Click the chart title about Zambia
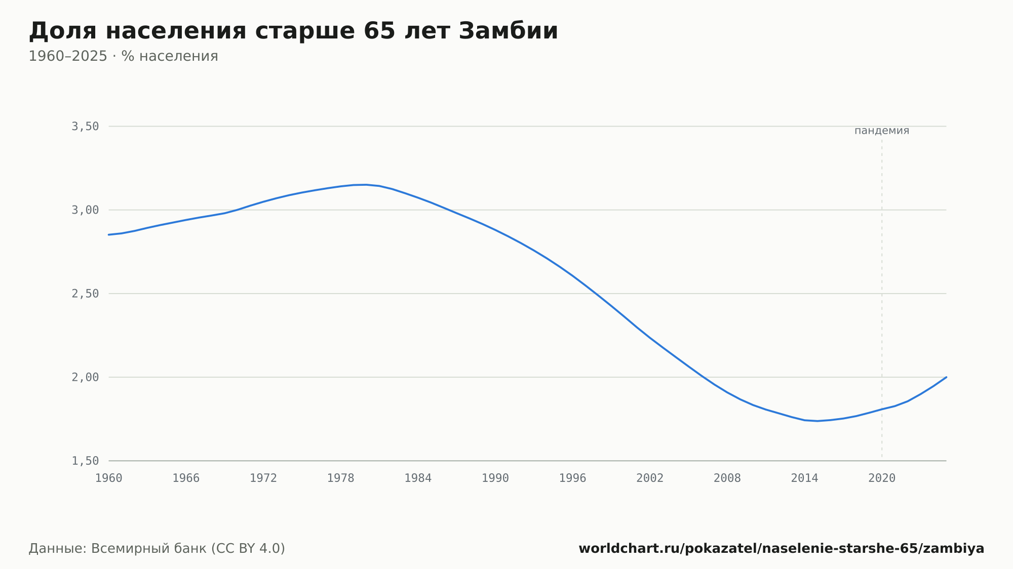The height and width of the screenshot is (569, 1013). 293,31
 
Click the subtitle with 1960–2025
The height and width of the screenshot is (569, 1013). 123,56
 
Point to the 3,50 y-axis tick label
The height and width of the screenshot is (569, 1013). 85,127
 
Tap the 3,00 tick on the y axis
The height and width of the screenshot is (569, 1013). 85,210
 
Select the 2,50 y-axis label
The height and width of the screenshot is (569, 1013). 85,294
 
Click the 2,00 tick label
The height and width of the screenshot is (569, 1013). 85,377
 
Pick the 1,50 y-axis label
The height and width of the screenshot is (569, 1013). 85,461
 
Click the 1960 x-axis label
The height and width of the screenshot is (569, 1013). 109,478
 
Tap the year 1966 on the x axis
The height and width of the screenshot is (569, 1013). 186,478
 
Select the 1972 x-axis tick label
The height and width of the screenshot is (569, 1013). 263,478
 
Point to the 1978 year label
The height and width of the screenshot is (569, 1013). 340,478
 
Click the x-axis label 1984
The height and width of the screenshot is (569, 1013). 418,478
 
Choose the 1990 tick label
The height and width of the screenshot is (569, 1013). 495,478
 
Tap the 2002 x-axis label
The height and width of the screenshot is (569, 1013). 650,478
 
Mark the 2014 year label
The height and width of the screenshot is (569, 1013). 804,478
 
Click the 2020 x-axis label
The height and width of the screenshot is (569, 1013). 882,478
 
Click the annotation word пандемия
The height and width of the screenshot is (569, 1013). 882,131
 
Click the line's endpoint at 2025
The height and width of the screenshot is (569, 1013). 946,377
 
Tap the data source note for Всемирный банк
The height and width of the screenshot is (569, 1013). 157,549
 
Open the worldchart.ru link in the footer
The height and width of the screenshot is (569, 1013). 782,549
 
